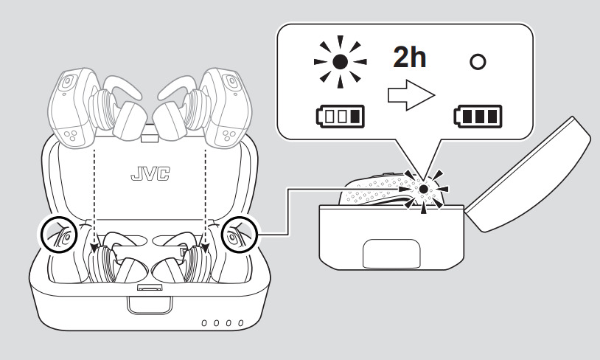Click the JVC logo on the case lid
150,174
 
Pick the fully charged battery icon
479,116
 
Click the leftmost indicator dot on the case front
206,323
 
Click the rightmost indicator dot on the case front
240,323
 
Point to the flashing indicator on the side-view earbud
423,190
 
